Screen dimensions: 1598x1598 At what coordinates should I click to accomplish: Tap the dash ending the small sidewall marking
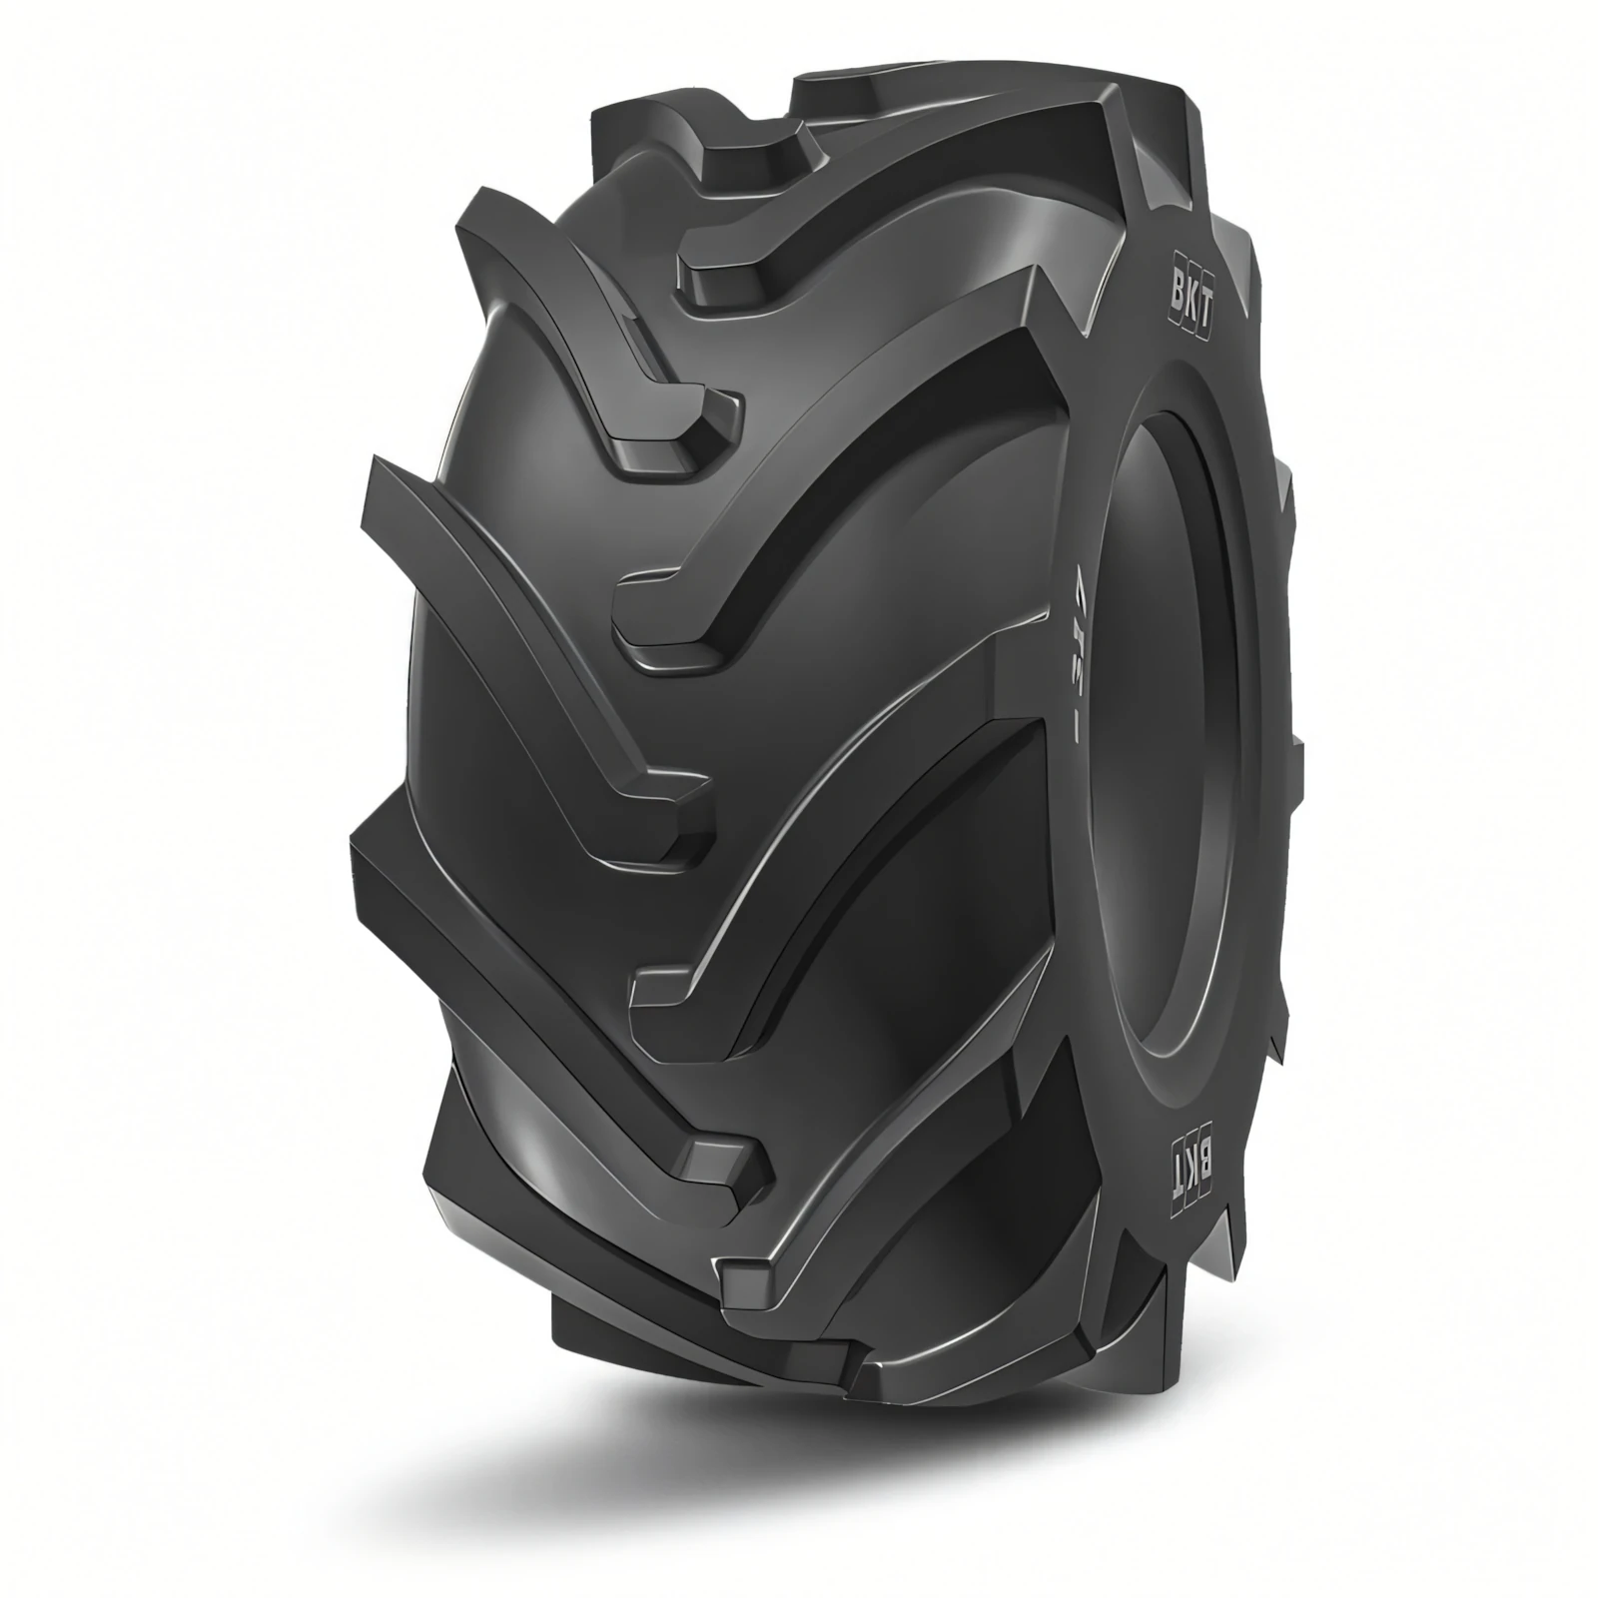pos(1076,736)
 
